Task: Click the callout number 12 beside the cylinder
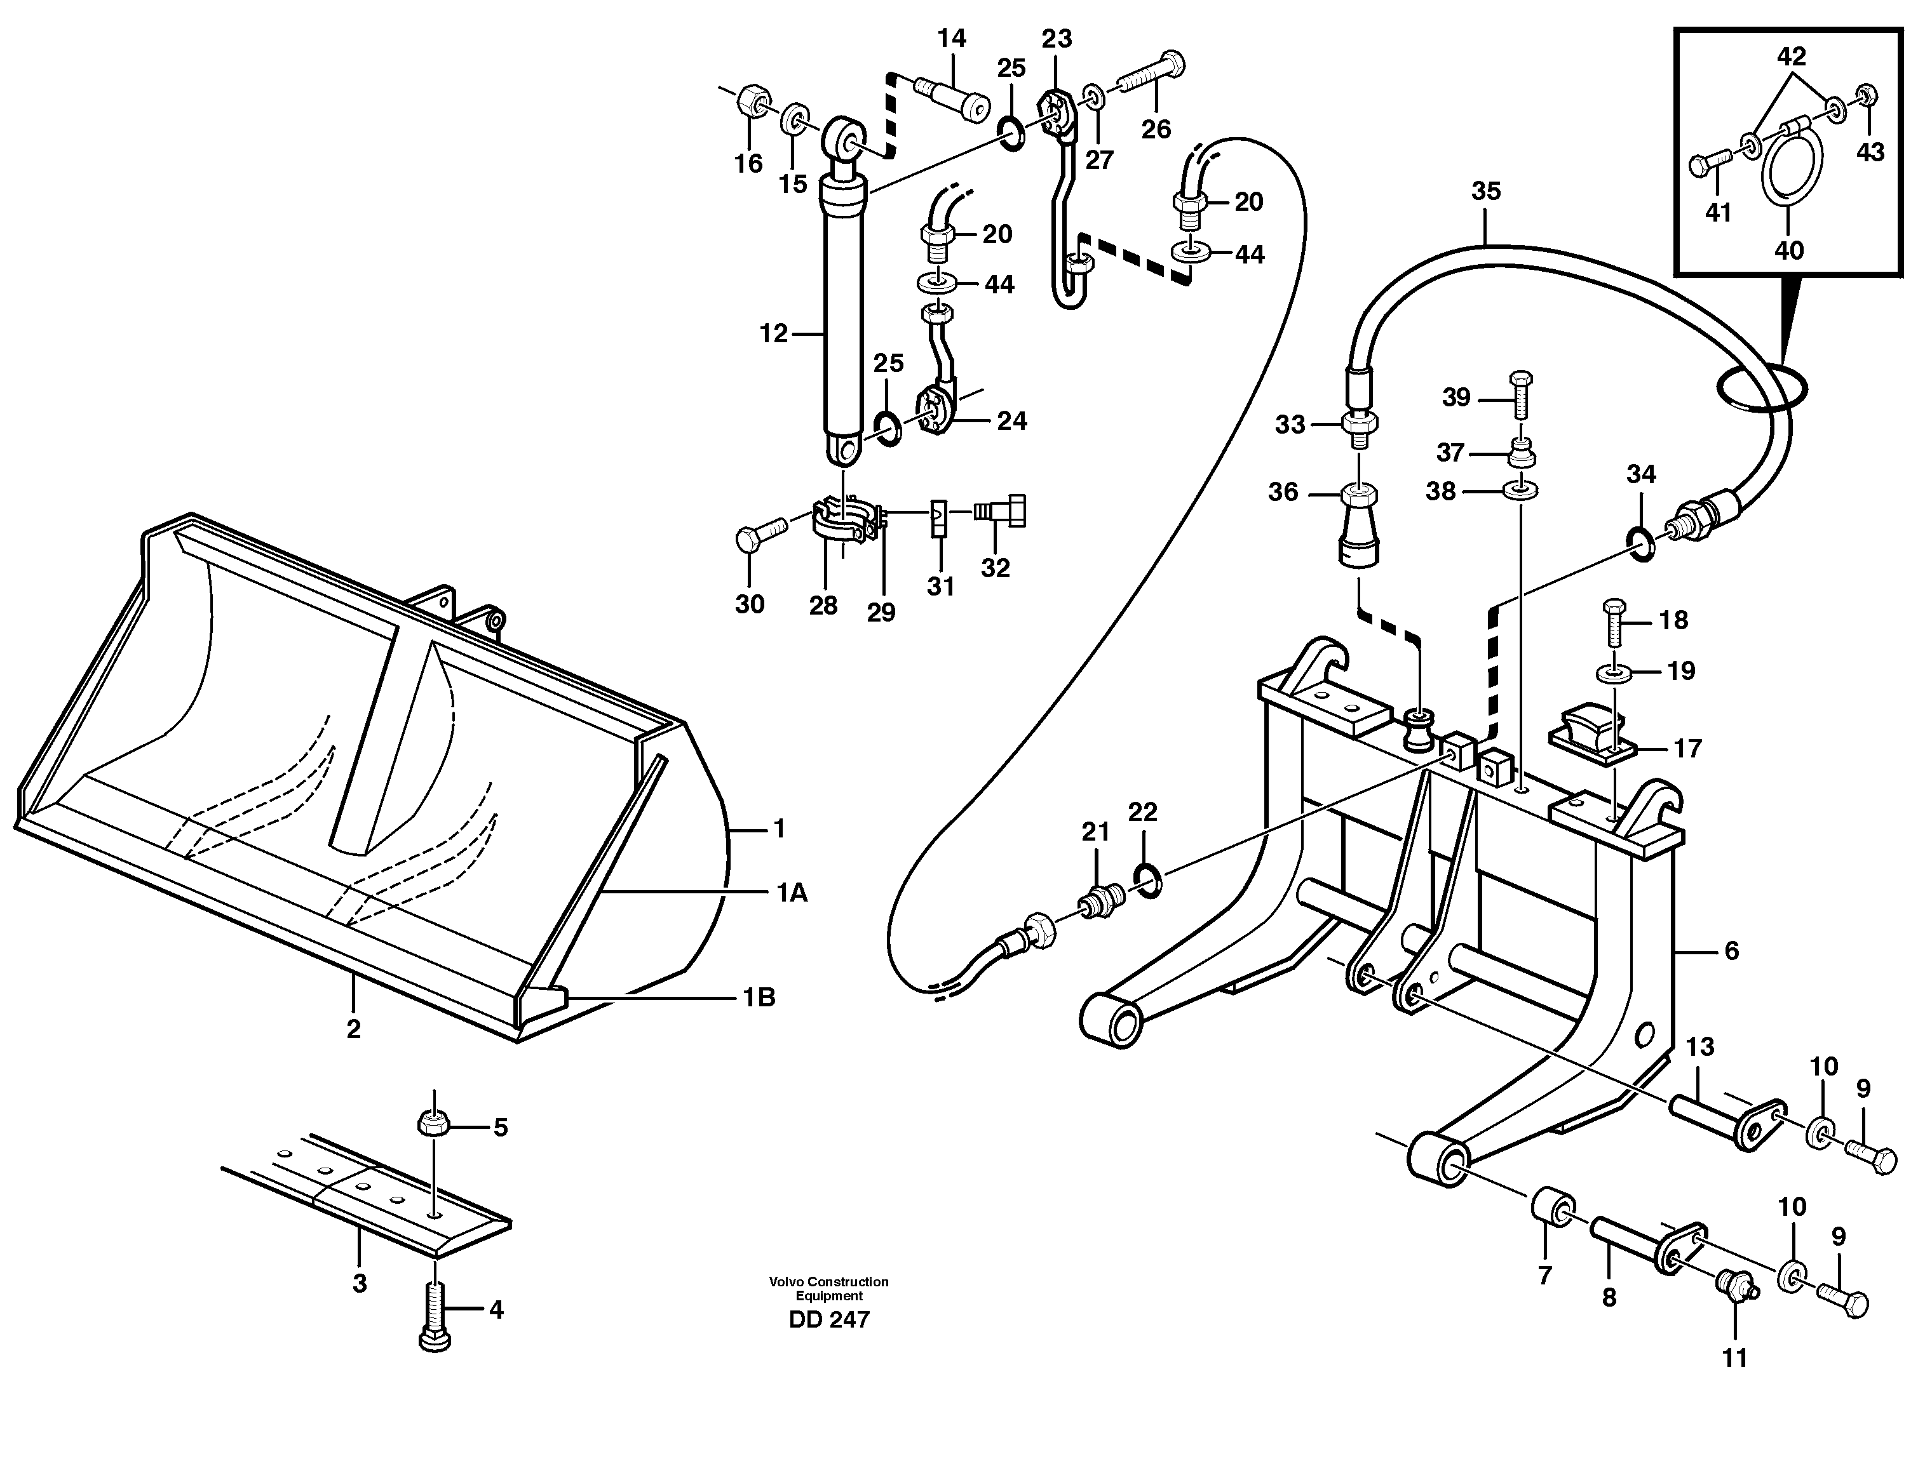773,333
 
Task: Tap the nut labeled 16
753,102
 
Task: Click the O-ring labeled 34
1641,545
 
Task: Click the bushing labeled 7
1553,1207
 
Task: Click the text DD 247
828,1319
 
